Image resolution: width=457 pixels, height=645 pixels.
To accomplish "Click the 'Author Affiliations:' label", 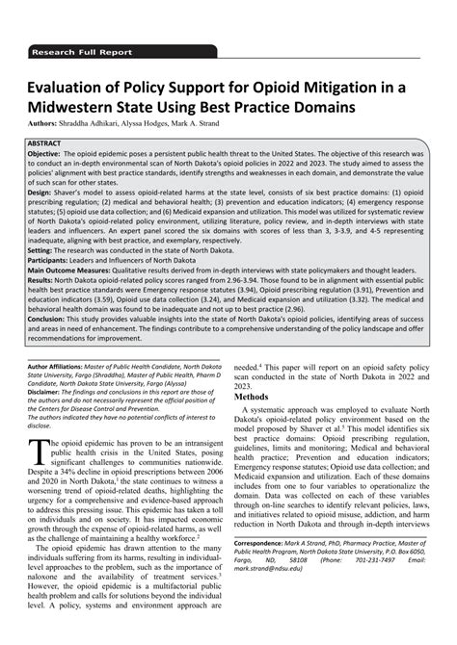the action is click(x=79, y=368).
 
